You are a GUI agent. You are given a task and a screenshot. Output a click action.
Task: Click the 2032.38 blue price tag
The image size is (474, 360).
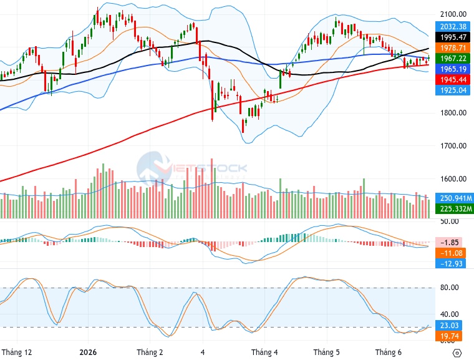453,27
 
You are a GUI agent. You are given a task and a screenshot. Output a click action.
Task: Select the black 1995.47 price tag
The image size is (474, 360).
453,37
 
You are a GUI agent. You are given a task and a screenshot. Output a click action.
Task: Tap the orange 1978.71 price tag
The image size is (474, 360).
453,48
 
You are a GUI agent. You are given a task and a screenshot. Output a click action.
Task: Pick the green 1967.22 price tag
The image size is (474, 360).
453,59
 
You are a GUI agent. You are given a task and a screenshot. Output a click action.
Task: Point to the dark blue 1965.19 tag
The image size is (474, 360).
453,69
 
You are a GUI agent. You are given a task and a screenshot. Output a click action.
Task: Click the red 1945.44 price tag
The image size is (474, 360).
453,80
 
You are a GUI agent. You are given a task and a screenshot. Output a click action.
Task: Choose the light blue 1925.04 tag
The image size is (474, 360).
453,90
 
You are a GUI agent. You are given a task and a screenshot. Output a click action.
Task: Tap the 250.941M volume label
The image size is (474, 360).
454,198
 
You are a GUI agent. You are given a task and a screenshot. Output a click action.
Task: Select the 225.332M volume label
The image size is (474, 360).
454,209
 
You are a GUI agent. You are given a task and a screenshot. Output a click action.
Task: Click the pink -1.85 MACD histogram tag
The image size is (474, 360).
449,242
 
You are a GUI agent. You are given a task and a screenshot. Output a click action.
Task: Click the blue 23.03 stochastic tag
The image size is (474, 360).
449,325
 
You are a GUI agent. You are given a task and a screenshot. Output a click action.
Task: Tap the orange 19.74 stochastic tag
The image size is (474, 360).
449,336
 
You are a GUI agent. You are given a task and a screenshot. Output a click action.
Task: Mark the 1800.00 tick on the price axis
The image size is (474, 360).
453,113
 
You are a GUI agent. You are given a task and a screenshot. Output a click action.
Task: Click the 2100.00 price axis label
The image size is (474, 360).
453,14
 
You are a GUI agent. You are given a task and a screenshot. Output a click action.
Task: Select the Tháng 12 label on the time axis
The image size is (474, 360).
17,352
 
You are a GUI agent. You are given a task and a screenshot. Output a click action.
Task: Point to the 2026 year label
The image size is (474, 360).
88,352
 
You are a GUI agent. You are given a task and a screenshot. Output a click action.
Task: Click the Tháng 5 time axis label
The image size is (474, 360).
326,352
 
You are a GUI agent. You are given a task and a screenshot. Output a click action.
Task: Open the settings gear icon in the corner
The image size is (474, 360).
457,353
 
